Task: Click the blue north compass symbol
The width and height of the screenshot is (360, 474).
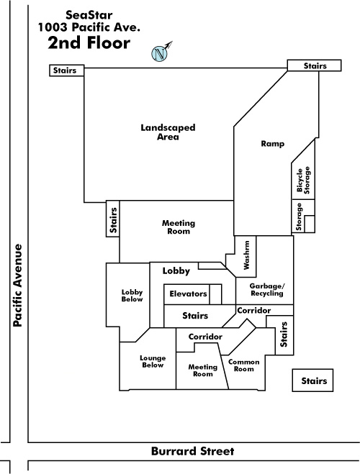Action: click(159, 54)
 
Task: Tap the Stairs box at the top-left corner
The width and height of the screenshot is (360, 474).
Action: click(66, 70)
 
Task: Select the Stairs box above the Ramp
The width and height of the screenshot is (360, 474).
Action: click(314, 65)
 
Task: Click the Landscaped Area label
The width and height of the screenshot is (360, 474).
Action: click(168, 132)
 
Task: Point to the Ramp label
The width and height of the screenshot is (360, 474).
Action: click(273, 144)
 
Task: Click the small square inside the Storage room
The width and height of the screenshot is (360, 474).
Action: click(309, 224)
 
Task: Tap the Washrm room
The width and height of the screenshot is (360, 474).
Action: click(246, 256)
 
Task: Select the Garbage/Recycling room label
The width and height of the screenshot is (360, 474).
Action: click(267, 290)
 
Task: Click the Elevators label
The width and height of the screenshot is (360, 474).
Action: click(188, 293)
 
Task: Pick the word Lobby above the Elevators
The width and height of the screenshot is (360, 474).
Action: click(176, 271)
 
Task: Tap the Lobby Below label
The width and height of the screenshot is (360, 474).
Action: click(132, 296)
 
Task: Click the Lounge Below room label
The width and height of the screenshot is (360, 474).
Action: click(153, 362)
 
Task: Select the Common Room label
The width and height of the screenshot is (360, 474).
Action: click(244, 365)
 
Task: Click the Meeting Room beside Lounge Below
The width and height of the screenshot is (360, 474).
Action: click(203, 370)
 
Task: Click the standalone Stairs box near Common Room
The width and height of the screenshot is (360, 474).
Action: click(312, 380)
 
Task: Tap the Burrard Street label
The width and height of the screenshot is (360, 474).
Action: click(193, 451)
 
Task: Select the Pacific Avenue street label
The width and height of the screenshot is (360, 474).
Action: click(18, 286)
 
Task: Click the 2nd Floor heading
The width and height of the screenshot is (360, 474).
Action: click(89, 42)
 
